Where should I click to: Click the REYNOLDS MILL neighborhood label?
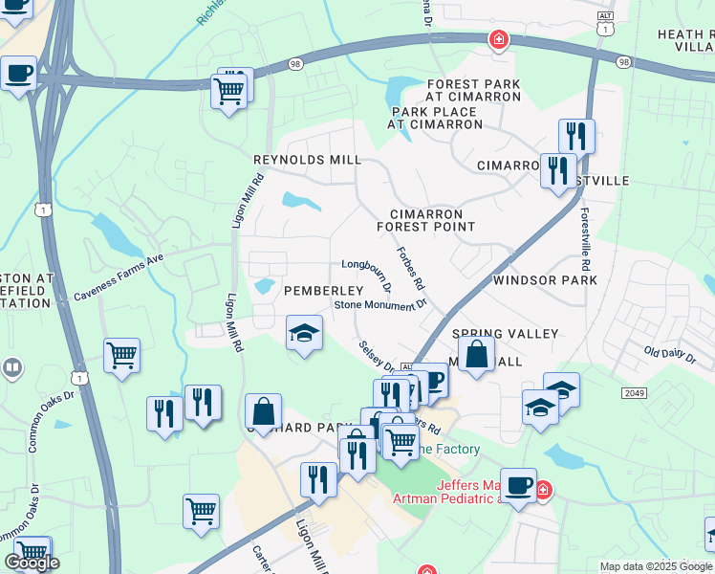coord(307,160)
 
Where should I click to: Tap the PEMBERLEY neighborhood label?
coord(323,290)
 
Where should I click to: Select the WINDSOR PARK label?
coord(545,280)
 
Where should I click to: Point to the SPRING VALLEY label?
coord(505,334)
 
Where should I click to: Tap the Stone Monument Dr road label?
coord(379,305)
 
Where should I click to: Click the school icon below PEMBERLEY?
coord(305,333)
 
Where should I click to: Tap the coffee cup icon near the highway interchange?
coord(18,73)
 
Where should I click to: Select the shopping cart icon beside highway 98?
coord(229,92)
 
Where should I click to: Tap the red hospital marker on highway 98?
coord(498,39)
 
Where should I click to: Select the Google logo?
coord(32,563)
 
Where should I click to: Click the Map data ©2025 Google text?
coord(656,566)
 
